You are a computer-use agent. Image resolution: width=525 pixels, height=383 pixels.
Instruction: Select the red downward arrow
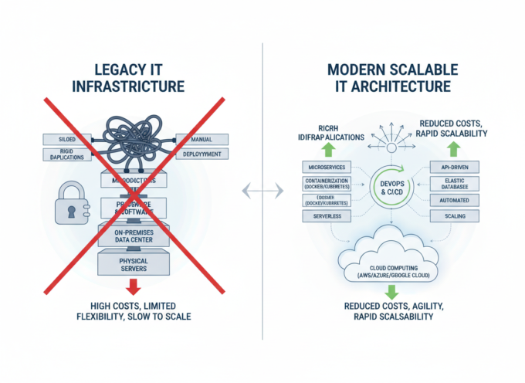133,286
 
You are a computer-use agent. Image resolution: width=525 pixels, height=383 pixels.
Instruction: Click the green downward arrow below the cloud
391,291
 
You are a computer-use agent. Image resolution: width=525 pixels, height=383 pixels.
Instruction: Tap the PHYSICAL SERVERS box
133,264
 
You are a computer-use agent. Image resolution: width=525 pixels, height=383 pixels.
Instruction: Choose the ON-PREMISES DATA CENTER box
133,236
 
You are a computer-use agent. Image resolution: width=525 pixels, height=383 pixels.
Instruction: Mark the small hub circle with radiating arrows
392,147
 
